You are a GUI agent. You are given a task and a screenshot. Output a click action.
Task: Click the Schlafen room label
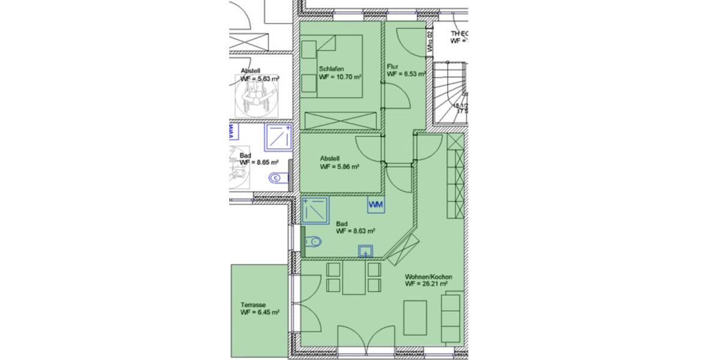click(331, 69)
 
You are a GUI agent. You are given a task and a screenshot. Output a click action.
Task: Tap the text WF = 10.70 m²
click(340, 77)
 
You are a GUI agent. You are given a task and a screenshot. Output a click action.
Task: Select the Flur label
click(393, 66)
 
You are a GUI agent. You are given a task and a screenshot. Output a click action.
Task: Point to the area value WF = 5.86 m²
click(339, 167)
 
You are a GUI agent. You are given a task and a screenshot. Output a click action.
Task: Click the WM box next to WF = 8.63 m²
click(376, 205)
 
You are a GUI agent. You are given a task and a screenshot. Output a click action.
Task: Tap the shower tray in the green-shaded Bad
click(316, 210)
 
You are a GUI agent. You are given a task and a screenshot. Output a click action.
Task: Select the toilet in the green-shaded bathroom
click(313, 242)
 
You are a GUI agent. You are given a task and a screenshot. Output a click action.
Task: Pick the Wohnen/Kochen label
click(428, 277)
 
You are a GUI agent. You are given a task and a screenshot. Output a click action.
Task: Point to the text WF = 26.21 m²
click(426, 284)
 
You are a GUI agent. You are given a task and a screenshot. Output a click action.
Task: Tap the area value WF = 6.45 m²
click(259, 313)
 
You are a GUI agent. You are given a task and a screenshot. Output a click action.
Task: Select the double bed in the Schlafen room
click(331, 66)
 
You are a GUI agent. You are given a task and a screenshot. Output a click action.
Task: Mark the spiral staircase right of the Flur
click(450, 90)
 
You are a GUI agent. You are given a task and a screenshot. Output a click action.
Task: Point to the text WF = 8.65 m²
click(259, 163)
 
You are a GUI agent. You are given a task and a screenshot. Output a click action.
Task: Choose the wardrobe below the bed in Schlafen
click(341, 120)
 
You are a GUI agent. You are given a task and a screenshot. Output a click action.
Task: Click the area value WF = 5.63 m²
click(259, 78)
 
